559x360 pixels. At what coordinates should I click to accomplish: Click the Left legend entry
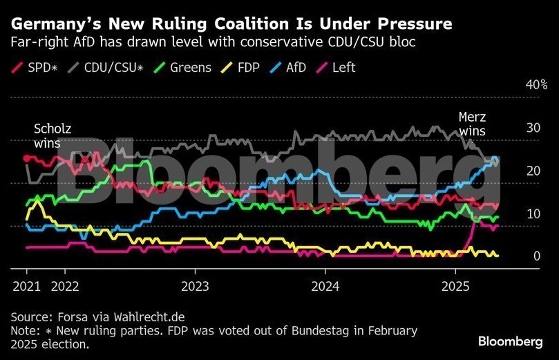343,68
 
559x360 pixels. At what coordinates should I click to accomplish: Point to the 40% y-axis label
536,84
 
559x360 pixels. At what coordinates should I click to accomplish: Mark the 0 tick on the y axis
536,256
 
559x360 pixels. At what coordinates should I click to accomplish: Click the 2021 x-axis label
26,285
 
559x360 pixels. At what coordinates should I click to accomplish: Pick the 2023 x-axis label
196,285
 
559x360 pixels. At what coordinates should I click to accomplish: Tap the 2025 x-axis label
455,285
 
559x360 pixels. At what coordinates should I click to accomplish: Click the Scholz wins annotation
52,136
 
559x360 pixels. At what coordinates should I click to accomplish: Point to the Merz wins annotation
472,124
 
